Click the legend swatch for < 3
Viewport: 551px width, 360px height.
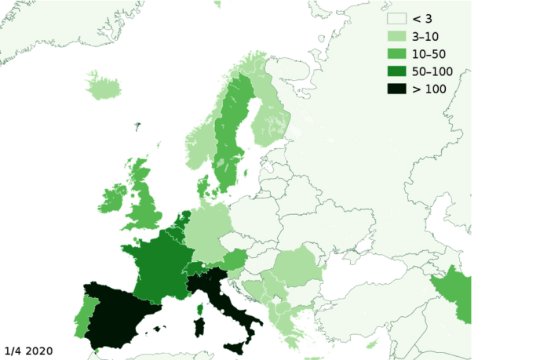396,19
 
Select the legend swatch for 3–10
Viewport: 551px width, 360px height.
396,36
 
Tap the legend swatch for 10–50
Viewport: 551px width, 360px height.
396,53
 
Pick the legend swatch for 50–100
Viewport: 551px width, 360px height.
396,71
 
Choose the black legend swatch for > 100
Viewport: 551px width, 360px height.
396,89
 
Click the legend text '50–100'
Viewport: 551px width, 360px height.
432,71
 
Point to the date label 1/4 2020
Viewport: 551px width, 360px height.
29,350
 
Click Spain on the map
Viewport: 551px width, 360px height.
118,314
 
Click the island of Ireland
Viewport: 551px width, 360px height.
112,199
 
